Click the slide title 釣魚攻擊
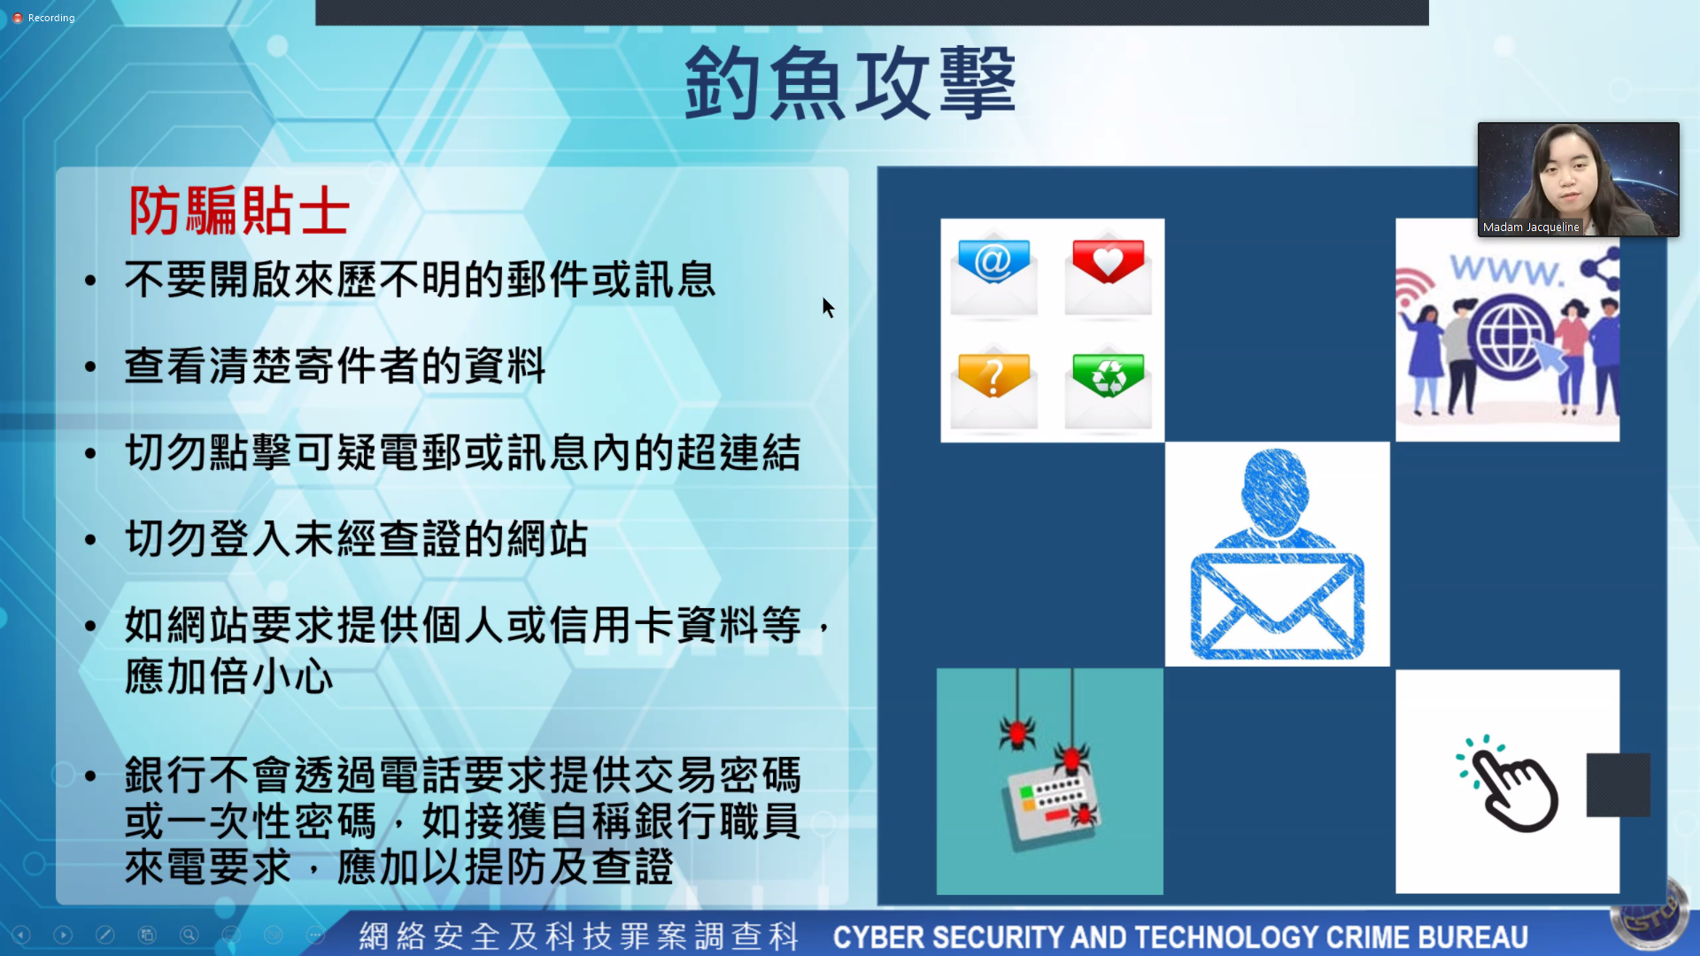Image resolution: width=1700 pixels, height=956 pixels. (850, 82)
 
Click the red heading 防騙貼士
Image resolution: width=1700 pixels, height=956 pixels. (239, 211)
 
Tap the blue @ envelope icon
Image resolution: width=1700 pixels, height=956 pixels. (993, 275)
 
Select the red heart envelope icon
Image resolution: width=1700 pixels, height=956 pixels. (1108, 275)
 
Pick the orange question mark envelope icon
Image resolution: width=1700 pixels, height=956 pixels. (993, 389)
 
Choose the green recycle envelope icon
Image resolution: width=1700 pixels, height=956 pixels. (1108, 389)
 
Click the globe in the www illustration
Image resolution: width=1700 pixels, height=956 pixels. (1508, 336)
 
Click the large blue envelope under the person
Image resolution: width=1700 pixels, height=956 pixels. (1277, 606)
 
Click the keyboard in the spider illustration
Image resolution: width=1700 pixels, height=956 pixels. (1050, 805)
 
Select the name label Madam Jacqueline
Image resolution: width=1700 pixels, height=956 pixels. (1531, 227)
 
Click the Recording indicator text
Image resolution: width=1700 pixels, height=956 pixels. (51, 18)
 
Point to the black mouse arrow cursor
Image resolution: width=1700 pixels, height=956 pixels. (828, 307)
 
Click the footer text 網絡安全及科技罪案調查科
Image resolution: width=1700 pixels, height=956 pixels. (579, 937)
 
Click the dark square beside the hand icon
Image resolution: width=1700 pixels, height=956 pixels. (1619, 785)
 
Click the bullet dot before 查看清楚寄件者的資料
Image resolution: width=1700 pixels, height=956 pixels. (90, 366)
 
